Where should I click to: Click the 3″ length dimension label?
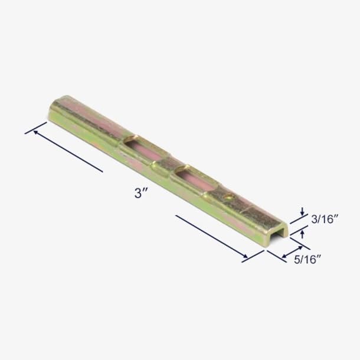click(x=140, y=193)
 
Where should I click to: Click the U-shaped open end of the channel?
click(x=277, y=232)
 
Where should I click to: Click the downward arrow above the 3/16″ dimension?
click(x=302, y=211)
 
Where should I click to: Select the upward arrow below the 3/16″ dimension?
click(x=302, y=234)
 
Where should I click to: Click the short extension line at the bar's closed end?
click(x=35, y=128)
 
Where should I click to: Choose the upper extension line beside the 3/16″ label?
click(x=298, y=217)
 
